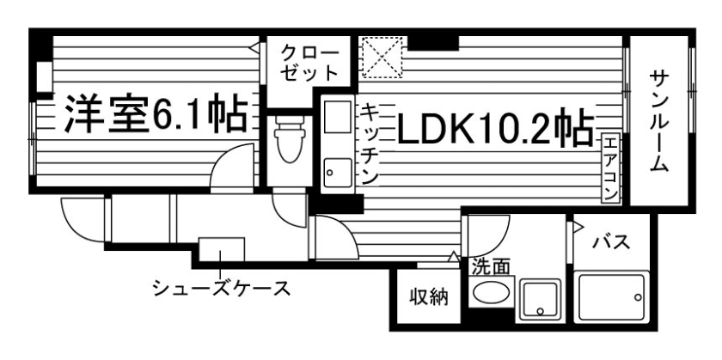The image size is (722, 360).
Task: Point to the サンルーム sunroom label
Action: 659,120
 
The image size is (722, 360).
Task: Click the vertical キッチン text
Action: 368,143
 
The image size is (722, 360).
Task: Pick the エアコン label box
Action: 609,168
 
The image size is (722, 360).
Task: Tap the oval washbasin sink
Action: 490,295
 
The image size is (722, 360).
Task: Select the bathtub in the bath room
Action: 612,297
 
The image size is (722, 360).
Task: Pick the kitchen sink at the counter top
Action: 336,117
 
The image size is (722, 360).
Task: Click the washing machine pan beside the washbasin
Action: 541,298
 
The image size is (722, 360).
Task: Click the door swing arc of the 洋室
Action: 234,163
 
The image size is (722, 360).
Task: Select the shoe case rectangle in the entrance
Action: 222,248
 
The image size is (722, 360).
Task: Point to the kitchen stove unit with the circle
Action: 334,173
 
